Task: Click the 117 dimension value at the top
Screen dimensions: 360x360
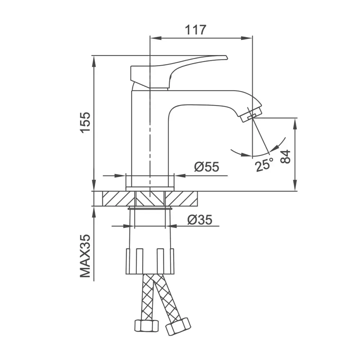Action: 196,30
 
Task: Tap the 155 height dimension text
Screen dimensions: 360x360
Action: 85,122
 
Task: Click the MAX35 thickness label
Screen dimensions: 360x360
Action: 85,256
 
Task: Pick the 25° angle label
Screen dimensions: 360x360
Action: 264,165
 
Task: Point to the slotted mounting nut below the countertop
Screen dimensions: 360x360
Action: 150,261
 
